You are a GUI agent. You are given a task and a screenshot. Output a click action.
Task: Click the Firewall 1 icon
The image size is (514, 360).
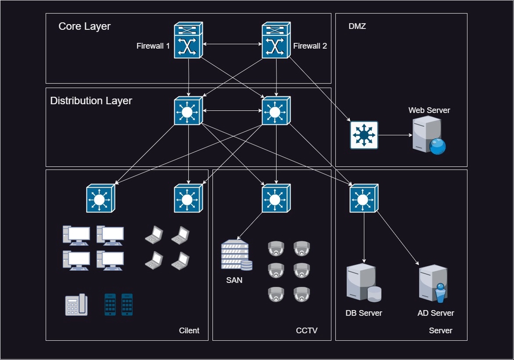tap(188, 41)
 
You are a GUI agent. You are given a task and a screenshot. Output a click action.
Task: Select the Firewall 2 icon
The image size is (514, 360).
tap(276, 41)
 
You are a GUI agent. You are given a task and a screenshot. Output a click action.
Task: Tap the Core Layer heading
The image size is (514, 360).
tap(85, 26)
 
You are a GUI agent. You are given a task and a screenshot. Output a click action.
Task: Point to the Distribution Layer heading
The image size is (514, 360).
tap(91, 101)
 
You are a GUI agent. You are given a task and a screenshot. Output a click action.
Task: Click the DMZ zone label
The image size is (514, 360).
tap(357, 26)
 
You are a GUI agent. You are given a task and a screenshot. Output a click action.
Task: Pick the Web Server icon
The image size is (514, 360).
tap(428, 135)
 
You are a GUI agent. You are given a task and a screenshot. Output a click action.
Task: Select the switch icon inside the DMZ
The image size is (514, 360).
tap(364, 135)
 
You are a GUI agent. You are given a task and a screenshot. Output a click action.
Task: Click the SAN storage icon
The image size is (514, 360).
tap(236, 255)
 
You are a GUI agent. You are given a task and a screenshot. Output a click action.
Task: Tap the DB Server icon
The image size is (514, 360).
tap(364, 282)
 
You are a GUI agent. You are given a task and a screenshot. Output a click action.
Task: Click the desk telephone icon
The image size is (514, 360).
tap(76, 304)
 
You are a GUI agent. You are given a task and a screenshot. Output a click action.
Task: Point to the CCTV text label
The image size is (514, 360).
tap(306, 331)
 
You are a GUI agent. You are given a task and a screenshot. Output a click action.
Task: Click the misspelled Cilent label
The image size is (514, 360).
tap(189, 331)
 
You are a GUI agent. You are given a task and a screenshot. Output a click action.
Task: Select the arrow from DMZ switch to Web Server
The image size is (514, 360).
tap(395, 135)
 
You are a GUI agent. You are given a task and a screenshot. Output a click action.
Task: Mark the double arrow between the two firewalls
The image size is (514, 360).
tap(232, 44)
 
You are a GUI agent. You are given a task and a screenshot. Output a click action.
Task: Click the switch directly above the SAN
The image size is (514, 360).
tap(276, 198)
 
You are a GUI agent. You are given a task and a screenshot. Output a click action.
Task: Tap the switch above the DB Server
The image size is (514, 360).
tap(364, 198)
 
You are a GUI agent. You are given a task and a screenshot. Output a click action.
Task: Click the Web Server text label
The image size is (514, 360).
tap(429, 110)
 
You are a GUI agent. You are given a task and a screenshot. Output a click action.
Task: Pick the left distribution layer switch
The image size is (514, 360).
tap(187, 111)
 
